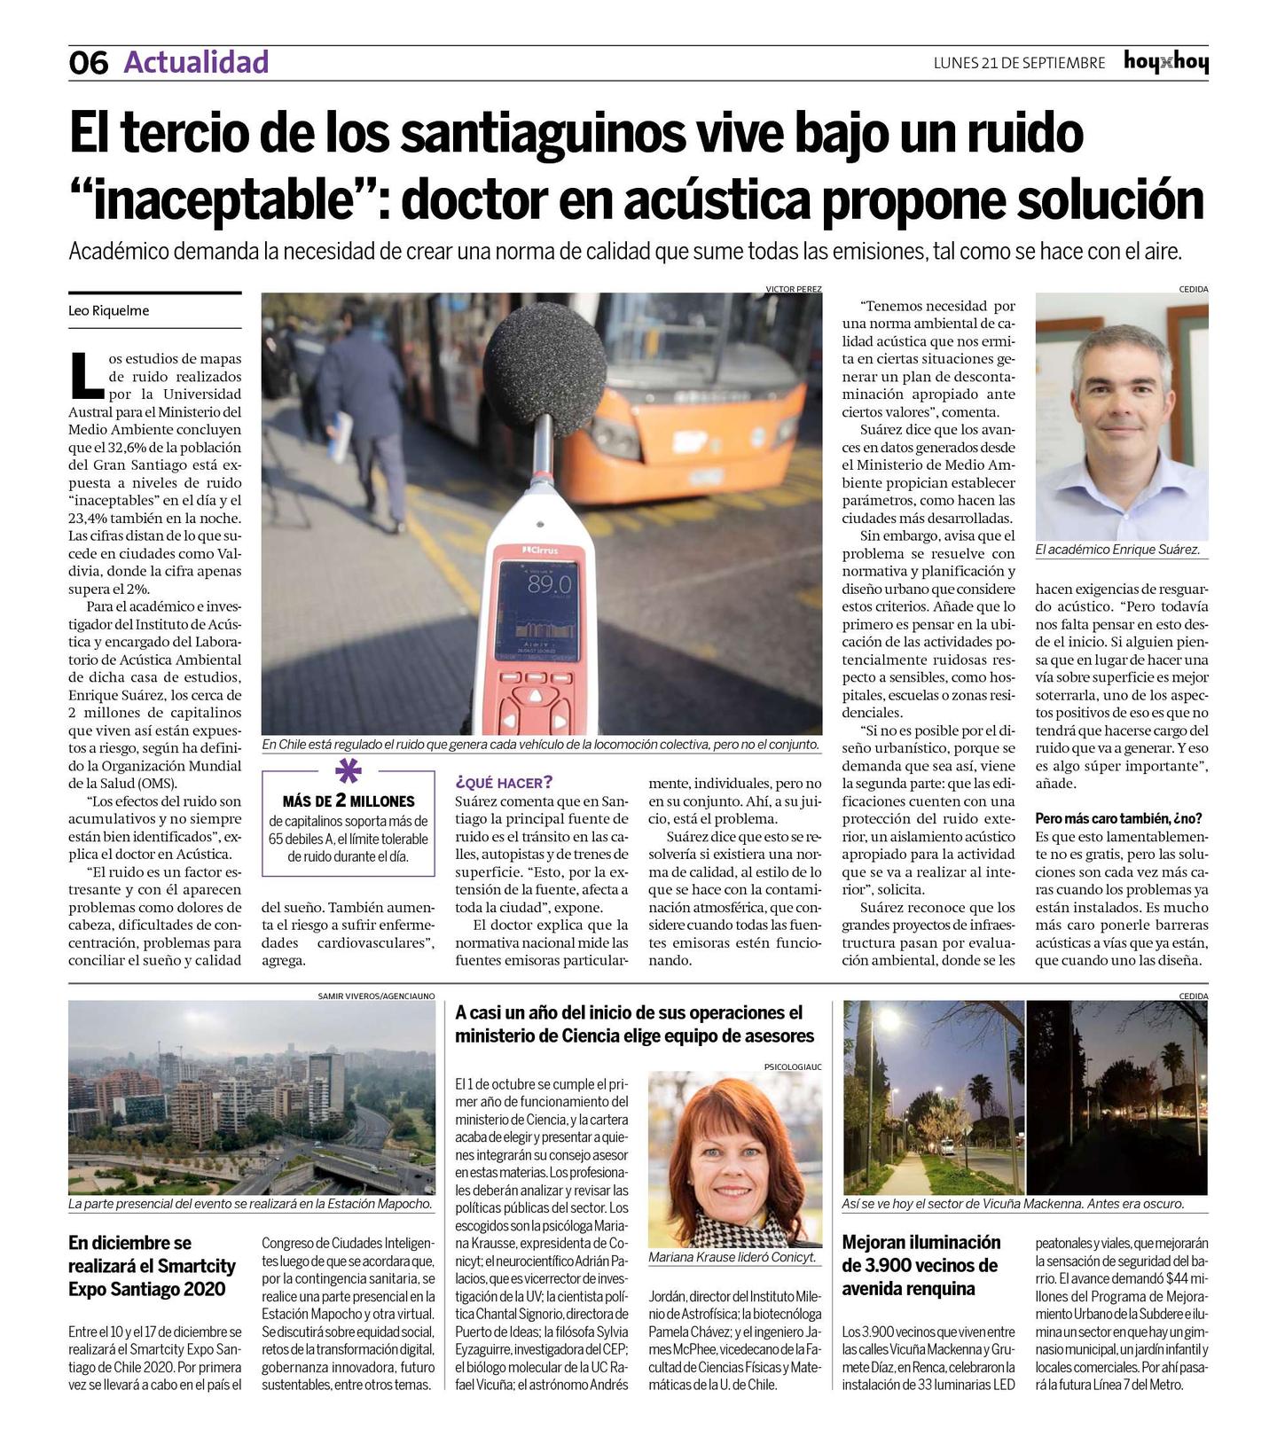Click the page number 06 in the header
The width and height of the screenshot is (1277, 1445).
pos(88,63)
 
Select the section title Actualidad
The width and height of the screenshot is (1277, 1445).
pos(196,62)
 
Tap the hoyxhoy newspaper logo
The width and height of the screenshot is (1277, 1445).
pos(1165,62)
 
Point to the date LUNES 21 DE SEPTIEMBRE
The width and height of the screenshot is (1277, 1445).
pos(1019,63)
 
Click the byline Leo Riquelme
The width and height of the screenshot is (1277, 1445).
pos(108,310)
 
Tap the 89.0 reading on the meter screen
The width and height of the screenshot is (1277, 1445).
pos(549,585)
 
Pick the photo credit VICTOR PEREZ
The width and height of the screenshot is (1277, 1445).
pos(793,289)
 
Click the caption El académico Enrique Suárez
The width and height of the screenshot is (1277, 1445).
pos(1117,550)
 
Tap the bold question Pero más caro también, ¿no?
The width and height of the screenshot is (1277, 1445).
pos(1118,818)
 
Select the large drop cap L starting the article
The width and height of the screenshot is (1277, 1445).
pos(86,374)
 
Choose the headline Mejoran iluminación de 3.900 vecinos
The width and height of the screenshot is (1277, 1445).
pos(921,1265)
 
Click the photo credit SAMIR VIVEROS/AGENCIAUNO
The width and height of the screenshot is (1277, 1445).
pos(376,996)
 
